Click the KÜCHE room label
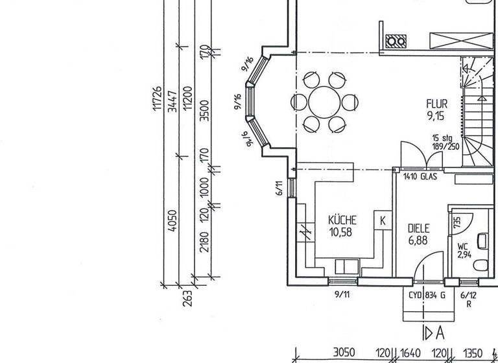342,220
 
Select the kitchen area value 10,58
340,231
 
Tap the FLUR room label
436,104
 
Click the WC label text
462,246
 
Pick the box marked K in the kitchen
383,220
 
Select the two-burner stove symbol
396,41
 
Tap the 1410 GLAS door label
420,176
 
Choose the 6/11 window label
279,187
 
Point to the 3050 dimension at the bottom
344,353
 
